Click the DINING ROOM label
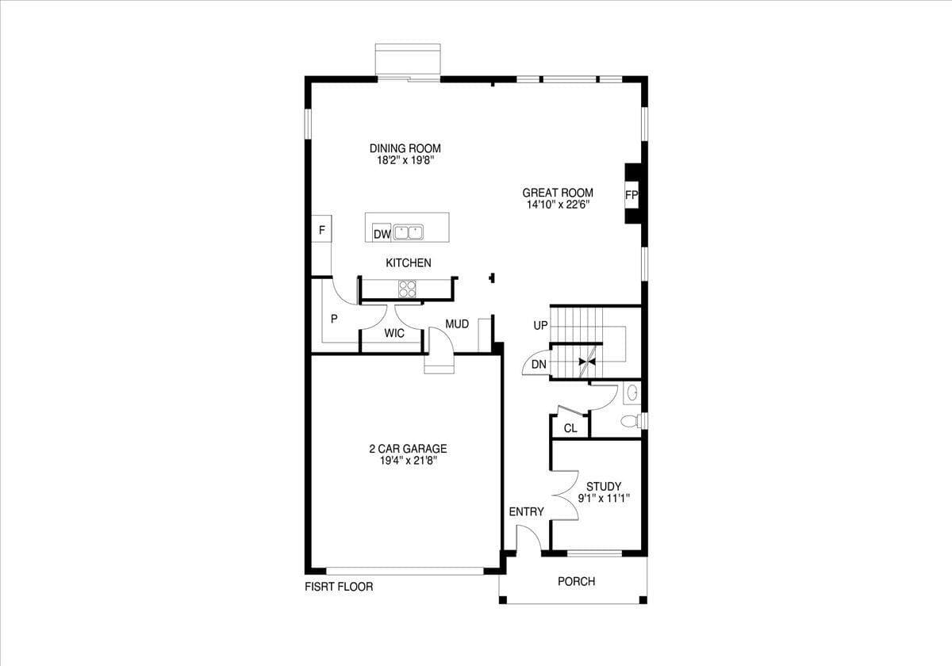pyautogui.click(x=405, y=148)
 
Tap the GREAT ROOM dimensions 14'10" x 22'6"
pyautogui.click(x=557, y=205)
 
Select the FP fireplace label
pyautogui.click(x=631, y=195)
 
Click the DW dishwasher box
pyautogui.click(x=382, y=234)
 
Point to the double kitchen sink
pyautogui.click(x=409, y=233)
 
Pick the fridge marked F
pyautogui.click(x=321, y=231)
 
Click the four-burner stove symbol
pyautogui.click(x=408, y=289)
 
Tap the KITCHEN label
pyautogui.click(x=409, y=262)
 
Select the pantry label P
pyautogui.click(x=334, y=319)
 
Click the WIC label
pyautogui.click(x=394, y=334)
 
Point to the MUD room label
pyautogui.click(x=457, y=324)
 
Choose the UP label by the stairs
pyautogui.click(x=540, y=326)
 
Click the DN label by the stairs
pyautogui.click(x=539, y=365)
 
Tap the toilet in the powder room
pyautogui.click(x=631, y=421)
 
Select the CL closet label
pyautogui.click(x=570, y=429)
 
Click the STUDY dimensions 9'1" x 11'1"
pyautogui.click(x=603, y=499)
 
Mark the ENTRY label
pyautogui.click(x=526, y=512)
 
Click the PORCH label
pyautogui.click(x=576, y=581)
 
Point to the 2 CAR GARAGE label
pyautogui.click(x=408, y=449)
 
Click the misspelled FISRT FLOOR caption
pyautogui.click(x=339, y=588)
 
